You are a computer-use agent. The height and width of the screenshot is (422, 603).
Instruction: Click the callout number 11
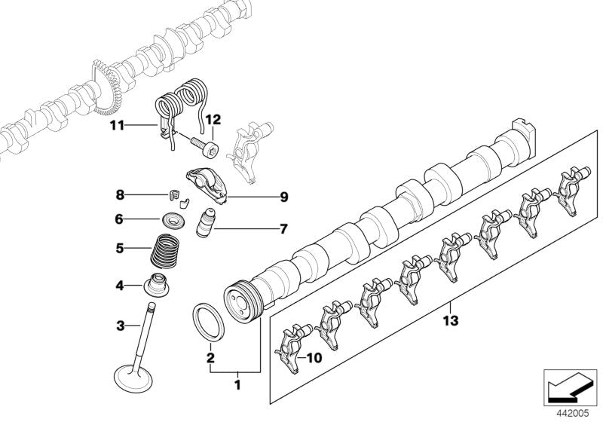click(x=118, y=125)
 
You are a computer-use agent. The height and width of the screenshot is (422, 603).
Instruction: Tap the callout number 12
click(x=213, y=120)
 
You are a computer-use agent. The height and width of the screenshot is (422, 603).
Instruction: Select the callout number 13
click(x=451, y=320)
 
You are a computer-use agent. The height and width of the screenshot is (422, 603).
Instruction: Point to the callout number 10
click(x=314, y=358)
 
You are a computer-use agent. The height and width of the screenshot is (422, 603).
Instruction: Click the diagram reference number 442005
click(x=573, y=414)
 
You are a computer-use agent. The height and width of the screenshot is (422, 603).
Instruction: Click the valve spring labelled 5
click(x=164, y=251)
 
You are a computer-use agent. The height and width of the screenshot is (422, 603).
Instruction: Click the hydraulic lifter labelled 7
click(x=205, y=224)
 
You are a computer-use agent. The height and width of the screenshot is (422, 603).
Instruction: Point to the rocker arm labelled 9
click(x=207, y=185)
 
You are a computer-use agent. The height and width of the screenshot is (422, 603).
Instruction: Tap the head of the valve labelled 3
click(x=134, y=378)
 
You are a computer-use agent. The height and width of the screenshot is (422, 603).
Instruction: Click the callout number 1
click(x=237, y=384)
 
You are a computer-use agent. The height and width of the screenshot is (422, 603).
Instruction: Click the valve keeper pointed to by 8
click(x=174, y=195)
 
